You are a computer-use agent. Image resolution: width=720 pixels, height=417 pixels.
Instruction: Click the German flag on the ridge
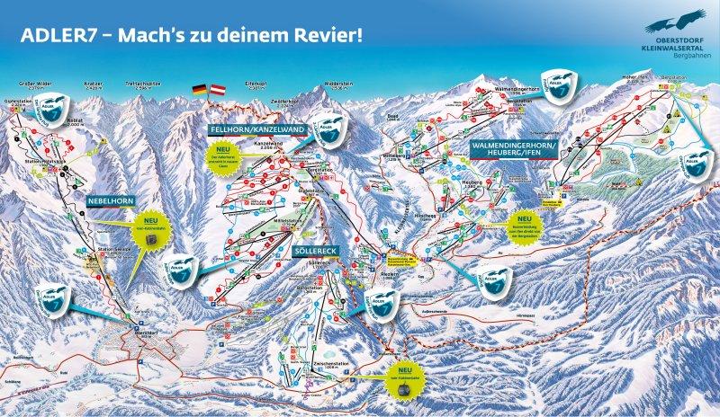pyautogui.click(x=199, y=91)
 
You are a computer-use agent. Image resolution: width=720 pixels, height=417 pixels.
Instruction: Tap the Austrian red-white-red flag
pyautogui.click(x=217, y=91)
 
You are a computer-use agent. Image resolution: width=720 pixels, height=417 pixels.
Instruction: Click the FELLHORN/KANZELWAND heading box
pyautogui.click(x=256, y=130)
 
